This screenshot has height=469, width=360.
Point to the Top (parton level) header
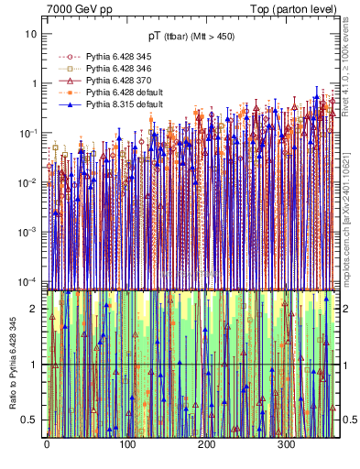294,8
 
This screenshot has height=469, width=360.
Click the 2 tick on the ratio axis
36,309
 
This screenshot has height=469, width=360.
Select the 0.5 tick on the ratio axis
32,420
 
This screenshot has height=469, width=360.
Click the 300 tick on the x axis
287,446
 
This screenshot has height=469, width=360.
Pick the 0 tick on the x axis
47,446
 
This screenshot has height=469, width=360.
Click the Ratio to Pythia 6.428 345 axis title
13,362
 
